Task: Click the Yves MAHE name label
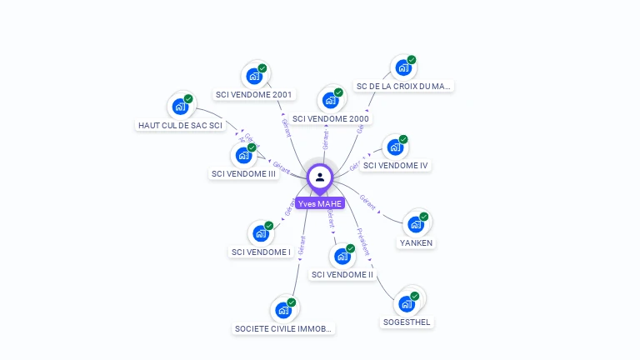[320, 203]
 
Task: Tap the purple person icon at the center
[320, 177]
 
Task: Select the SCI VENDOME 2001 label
[253, 94]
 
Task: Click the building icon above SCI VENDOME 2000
[331, 101]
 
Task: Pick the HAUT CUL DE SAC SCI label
[180, 125]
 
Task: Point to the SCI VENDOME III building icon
[243, 155]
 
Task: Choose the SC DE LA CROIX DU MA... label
[404, 86]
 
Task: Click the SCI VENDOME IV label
[396, 165]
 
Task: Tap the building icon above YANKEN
[416, 224]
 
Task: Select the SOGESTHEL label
[407, 322]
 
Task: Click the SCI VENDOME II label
[342, 274]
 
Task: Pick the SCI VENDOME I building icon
[261, 233]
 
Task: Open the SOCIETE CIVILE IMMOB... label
[284, 328]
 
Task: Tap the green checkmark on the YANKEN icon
[423, 217]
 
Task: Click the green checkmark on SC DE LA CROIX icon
[412, 60]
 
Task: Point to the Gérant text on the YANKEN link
[367, 202]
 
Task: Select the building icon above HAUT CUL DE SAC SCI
[180, 107]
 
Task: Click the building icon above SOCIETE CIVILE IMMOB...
[283, 310]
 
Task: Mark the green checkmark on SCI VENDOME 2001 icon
[262, 68]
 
